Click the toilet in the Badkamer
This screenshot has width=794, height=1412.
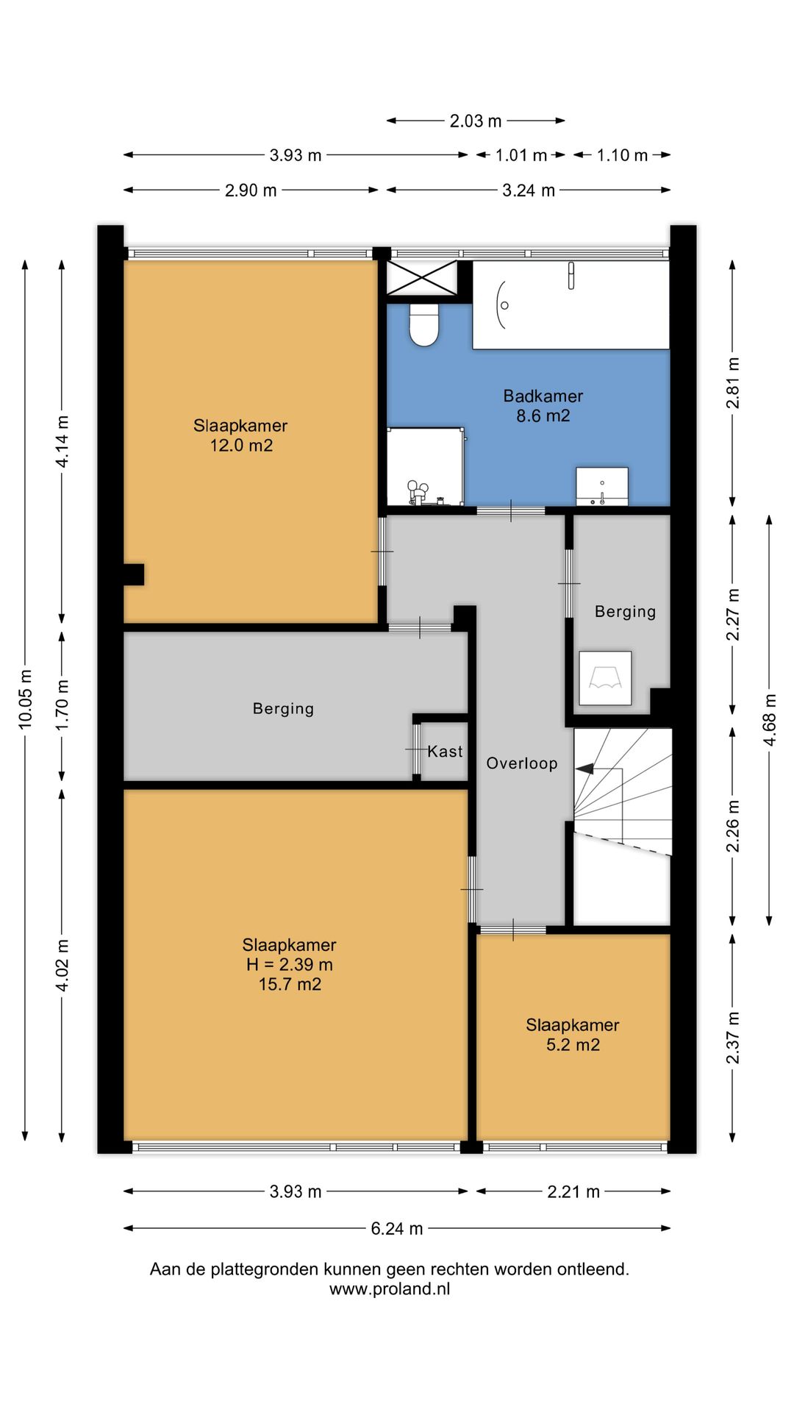(x=423, y=324)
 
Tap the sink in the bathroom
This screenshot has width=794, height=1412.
(x=602, y=486)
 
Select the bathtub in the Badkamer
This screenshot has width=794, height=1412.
(x=571, y=304)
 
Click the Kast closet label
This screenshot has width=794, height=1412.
(x=445, y=751)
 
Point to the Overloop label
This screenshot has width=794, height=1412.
(x=522, y=763)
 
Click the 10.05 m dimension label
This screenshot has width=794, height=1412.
(x=26, y=699)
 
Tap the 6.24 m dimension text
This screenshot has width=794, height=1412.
(x=397, y=1228)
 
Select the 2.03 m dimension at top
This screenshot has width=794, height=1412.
(x=476, y=121)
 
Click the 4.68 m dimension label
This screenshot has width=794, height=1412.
(x=770, y=719)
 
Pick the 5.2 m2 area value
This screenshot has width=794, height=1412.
(x=573, y=1045)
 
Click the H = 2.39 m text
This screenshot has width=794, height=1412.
(x=290, y=964)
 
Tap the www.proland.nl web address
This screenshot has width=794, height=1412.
(x=390, y=1288)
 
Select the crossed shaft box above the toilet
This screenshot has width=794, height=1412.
(x=421, y=277)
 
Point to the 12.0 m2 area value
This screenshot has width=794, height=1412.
(x=241, y=445)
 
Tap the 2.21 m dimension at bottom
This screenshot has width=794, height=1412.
(x=573, y=1191)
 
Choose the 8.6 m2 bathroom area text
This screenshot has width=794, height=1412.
(x=543, y=416)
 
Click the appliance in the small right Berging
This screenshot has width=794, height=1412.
(x=605, y=678)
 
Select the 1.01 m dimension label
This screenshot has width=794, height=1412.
(x=521, y=155)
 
